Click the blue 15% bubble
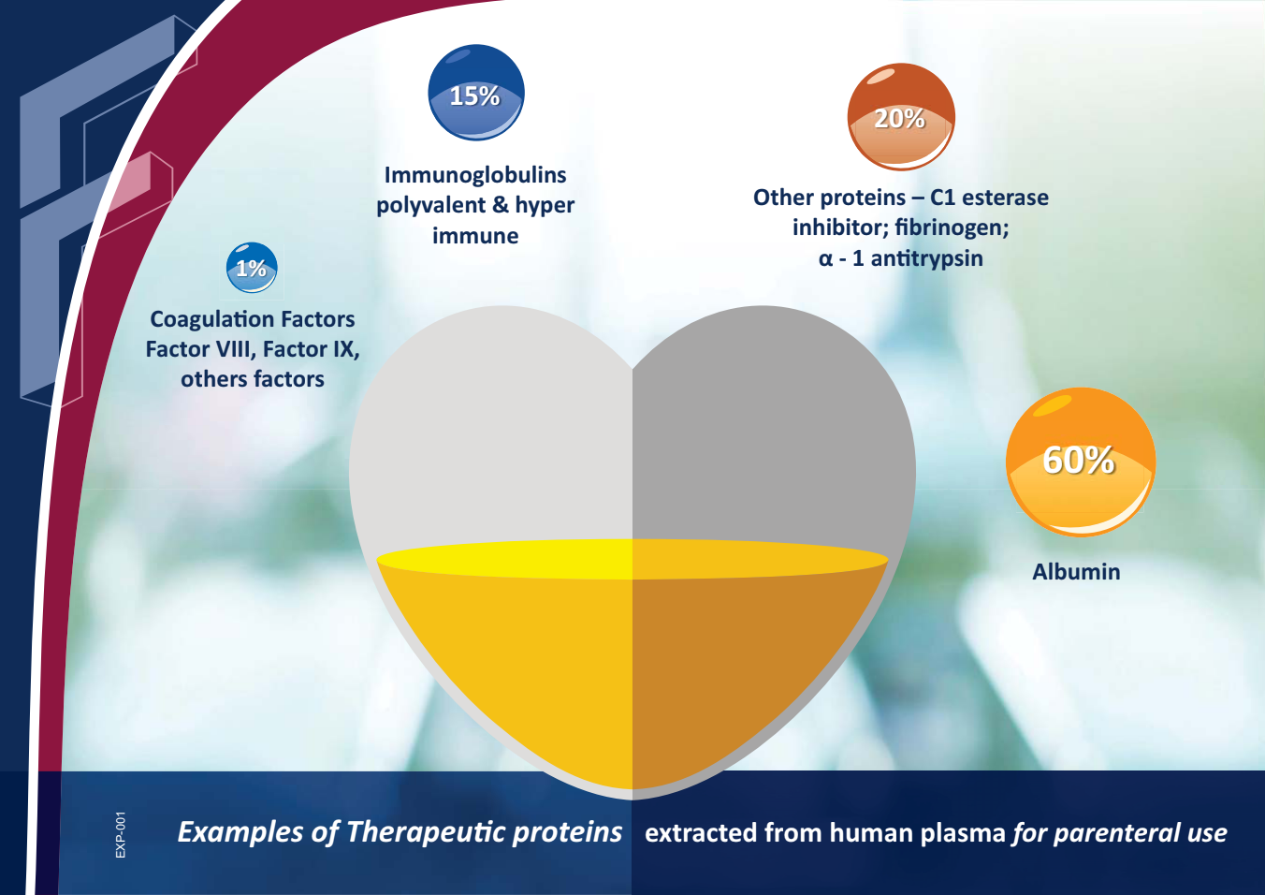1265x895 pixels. tap(476, 92)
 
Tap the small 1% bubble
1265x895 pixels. tap(252, 268)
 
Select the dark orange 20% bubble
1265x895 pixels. tap(901, 116)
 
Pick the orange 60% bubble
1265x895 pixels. tap(1081, 462)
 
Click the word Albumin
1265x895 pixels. tap(1076, 572)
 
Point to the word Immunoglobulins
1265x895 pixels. tap(475, 175)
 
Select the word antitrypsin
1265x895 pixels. tap(926, 258)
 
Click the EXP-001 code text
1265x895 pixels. tap(121, 835)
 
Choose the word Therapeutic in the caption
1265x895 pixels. tap(427, 832)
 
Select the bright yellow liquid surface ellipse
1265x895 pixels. tap(632, 560)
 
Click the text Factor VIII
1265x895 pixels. tap(197, 349)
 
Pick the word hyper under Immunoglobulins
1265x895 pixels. tap(545, 206)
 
